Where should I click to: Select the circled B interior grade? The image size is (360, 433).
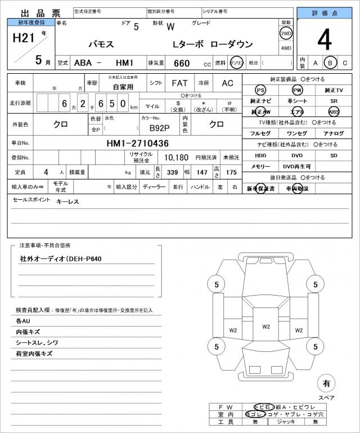click(331, 63)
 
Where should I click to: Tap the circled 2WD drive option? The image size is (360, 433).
click(286, 33)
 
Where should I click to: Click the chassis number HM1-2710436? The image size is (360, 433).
click(137, 143)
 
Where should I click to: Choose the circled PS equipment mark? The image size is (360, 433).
click(260, 90)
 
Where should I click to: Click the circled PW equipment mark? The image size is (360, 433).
click(296, 90)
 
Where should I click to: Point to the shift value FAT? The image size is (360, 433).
click(179, 83)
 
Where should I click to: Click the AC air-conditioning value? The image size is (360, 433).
click(227, 83)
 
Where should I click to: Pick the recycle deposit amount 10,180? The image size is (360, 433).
click(176, 158)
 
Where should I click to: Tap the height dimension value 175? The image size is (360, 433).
click(231, 172)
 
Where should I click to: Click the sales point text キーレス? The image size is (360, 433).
click(67, 202)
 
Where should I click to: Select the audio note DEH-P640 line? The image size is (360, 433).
click(62, 259)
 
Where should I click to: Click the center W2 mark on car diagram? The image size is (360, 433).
click(266, 327)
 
